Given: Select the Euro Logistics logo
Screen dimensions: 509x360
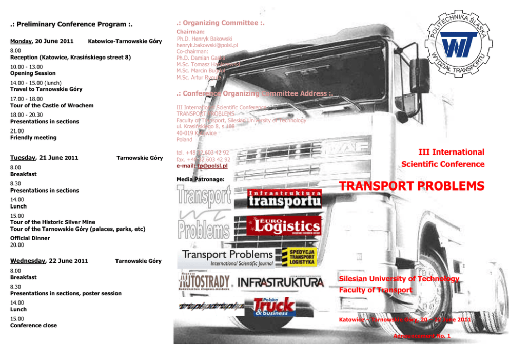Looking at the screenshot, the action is (x=283, y=225).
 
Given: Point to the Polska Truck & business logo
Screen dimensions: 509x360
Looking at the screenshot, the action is (x=274, y=307).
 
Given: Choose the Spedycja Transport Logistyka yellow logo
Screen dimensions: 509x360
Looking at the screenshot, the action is (x=302, y=256).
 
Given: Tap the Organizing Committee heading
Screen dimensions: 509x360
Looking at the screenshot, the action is (x=220, y=23).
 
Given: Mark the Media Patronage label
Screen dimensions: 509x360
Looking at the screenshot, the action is (x=200, y=179).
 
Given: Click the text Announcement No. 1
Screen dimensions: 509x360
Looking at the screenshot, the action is (x=421, y=336).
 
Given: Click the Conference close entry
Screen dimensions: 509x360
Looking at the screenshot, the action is (x=33, y=325).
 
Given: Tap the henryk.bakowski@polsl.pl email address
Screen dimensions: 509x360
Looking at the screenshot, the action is (x=207, y=45).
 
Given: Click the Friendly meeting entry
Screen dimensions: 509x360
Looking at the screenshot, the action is (x=33, y=138).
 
